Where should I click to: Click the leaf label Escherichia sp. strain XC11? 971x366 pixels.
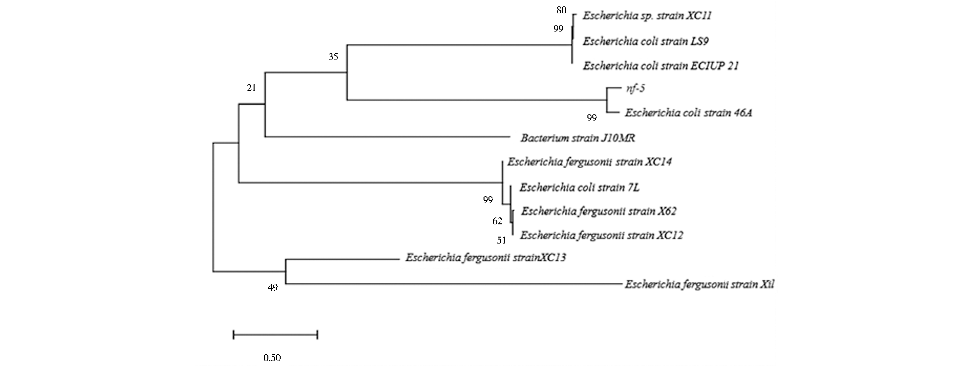pos(647,16)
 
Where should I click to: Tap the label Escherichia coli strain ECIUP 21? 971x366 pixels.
pos(661,65)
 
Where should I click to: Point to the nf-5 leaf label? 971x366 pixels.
pos(635,89)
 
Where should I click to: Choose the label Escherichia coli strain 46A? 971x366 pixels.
pos(688,113)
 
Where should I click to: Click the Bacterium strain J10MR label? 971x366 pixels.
pos(578,138)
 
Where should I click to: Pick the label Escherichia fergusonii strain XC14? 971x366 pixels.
pos(589,161)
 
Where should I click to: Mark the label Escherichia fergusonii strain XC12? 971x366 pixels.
pos(602,235)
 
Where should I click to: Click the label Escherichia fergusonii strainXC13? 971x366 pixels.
pos(485,257)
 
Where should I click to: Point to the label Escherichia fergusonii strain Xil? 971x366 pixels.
pos(699,284)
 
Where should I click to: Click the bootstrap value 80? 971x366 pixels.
pos(561,10)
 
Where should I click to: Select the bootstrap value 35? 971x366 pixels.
pos(333,57)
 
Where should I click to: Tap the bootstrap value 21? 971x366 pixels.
pos(252,88)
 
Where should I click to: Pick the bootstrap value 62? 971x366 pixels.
pos(497,221)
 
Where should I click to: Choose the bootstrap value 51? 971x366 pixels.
pos(501,240)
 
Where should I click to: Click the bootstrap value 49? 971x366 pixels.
pos(273,288)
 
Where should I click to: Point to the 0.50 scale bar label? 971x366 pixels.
pos(272,358)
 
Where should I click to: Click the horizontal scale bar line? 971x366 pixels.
pos(275,335)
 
